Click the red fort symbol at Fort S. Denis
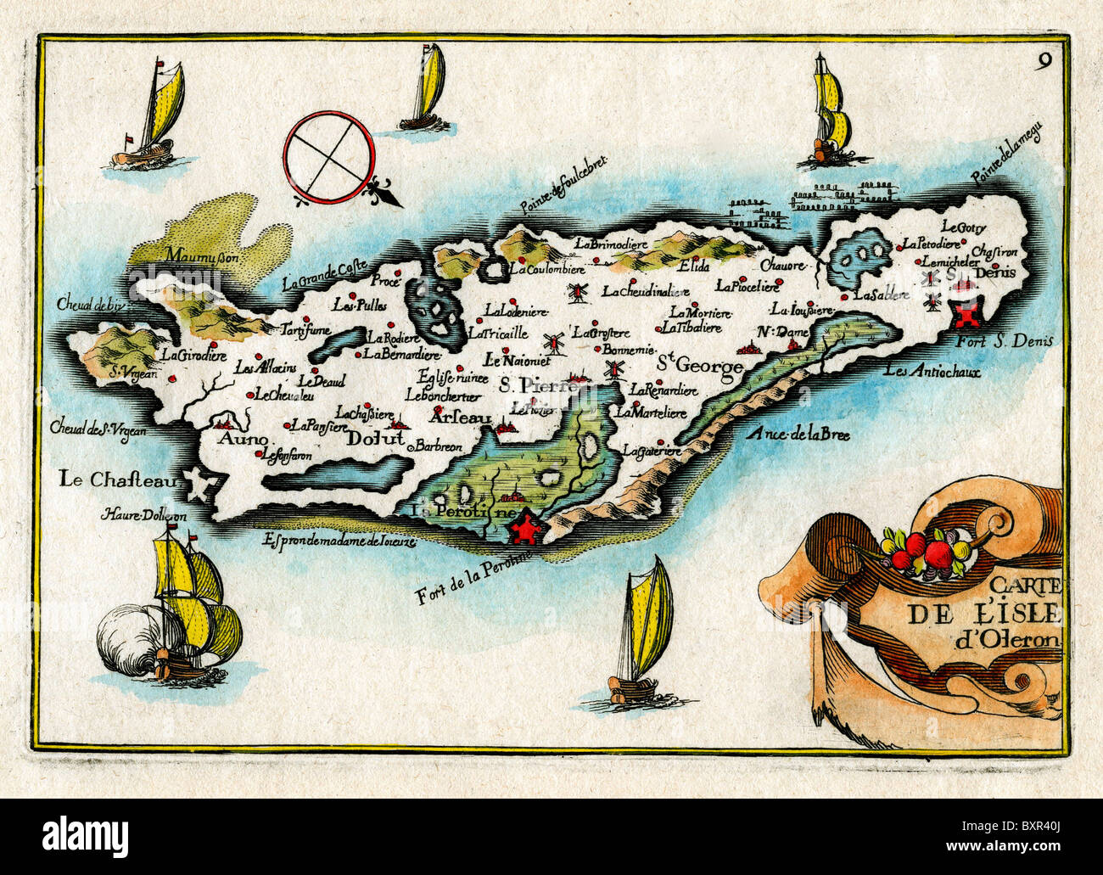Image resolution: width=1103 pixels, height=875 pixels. [966, 315]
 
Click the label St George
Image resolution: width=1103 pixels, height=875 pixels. [701, 366]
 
